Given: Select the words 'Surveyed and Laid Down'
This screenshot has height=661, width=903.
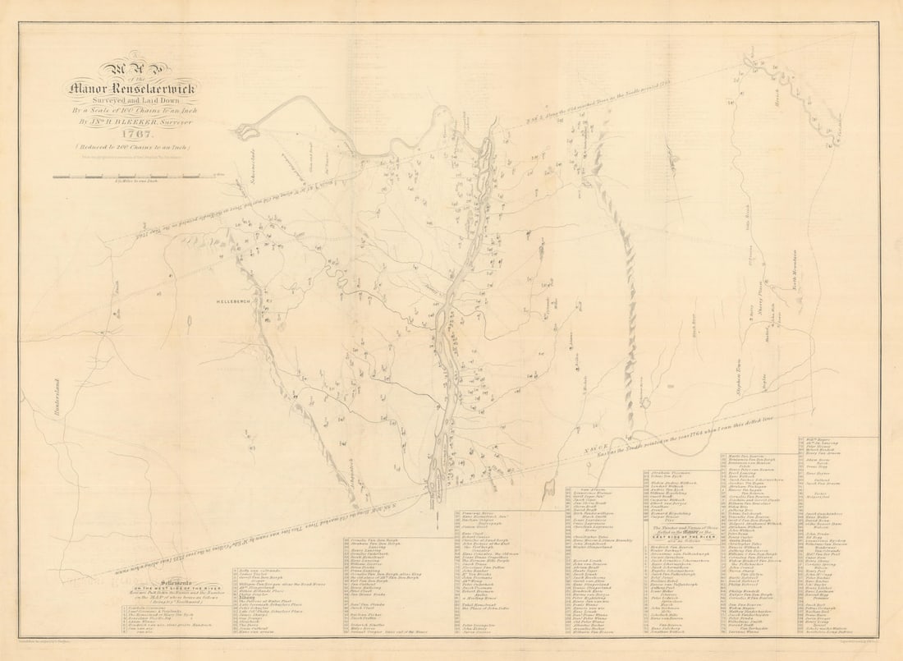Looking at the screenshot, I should click(x=136, y=99).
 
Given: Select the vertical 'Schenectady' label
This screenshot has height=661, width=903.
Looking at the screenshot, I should click(x=245, y=190).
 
